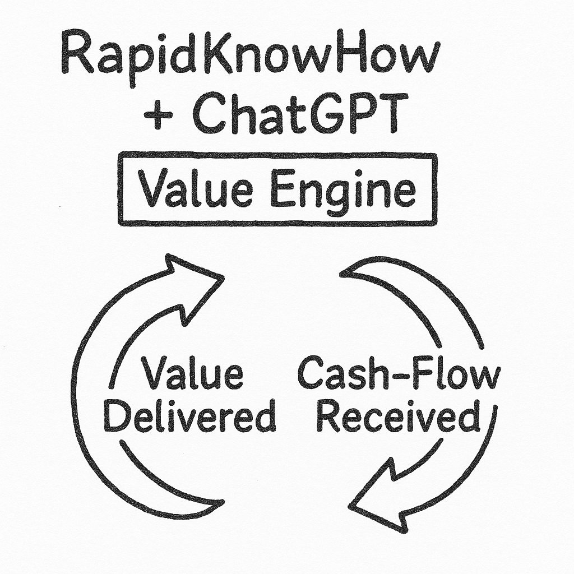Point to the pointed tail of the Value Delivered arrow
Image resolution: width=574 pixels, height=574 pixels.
pyautogui.click(x=221, y=501)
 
